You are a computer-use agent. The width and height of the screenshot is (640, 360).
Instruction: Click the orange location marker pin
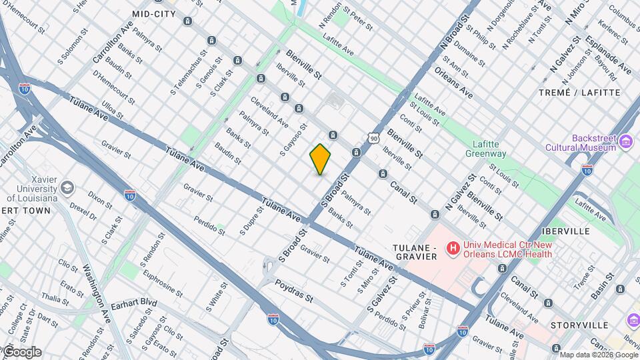(x=321, y=159)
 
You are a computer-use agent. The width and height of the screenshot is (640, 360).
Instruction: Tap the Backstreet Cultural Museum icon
(x=625, y=141)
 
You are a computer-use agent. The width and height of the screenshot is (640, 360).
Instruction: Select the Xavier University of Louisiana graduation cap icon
(x=67, y=188)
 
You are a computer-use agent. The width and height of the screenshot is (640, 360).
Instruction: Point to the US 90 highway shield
(x=373, y=138)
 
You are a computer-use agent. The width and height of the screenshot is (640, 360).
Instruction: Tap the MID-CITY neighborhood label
(x=154, y=13)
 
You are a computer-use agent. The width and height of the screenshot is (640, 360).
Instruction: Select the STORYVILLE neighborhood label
(x=579, y=325)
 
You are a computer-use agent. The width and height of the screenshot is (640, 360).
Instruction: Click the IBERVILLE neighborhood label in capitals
(x=567, y=231)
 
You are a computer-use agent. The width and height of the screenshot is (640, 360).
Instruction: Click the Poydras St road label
(x=294, y=291)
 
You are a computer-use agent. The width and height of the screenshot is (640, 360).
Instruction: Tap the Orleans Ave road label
(x=453, y=82)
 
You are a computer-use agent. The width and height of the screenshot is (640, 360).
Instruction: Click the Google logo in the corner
(x=21, y=352)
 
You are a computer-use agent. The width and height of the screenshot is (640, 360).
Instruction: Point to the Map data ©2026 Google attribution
(x=598, y=355)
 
